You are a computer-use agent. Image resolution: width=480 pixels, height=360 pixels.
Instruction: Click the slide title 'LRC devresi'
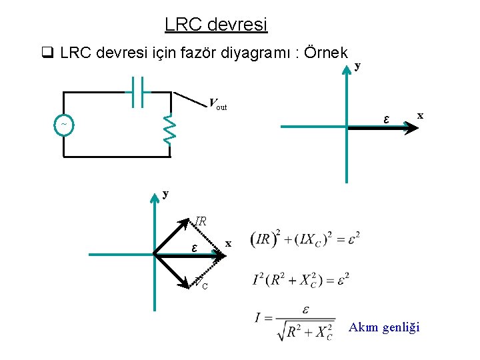tap(215, 25)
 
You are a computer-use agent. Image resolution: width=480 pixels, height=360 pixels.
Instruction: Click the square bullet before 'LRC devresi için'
tap(46, 53)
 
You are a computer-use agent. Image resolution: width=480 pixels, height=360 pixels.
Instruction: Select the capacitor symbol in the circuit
tap(139, 91)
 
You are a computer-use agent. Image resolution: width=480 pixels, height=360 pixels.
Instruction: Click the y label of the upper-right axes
tap(358, 65)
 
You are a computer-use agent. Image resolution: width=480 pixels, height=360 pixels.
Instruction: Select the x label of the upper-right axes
tap(420, 115)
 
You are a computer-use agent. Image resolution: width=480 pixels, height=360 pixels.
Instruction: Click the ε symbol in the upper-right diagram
tap(386, 119)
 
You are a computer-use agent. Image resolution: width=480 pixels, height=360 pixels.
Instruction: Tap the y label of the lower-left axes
tap(165, 194)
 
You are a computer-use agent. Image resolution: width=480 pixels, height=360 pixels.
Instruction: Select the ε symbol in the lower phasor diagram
tap(194, 247)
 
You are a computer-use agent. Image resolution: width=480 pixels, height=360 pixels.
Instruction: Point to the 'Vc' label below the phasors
tap(201, 283)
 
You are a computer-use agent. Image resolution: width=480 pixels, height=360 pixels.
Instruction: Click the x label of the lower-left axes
tap(229, 244)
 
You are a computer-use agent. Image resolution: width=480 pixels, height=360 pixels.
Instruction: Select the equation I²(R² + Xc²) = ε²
tap(307, 280)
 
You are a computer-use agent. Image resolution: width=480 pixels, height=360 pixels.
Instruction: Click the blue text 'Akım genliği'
tap(384, 327)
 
